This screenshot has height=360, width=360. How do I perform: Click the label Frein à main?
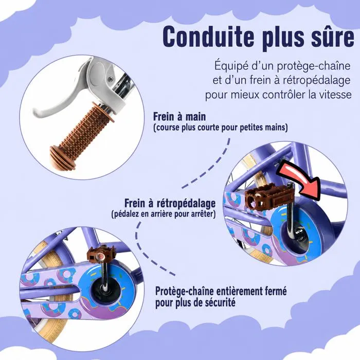179,116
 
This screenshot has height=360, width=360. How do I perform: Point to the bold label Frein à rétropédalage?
170,203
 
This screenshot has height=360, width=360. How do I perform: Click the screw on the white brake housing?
111,79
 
